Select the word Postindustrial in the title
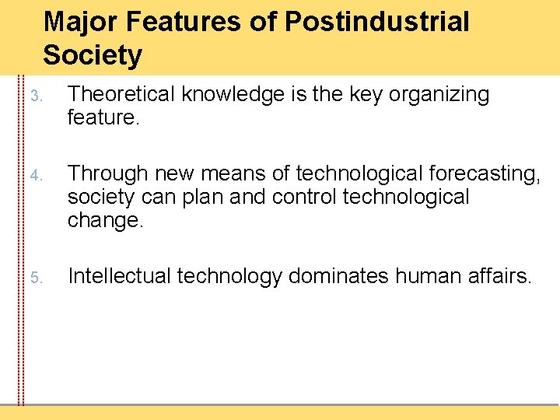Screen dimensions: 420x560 click(x=377, y=23)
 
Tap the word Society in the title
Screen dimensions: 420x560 click(x=93, y=56)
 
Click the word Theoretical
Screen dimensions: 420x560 click(x=123, y=95)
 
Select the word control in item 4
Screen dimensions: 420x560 click(x=305, y=197)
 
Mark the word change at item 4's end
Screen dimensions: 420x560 click(x=105, y=222)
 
